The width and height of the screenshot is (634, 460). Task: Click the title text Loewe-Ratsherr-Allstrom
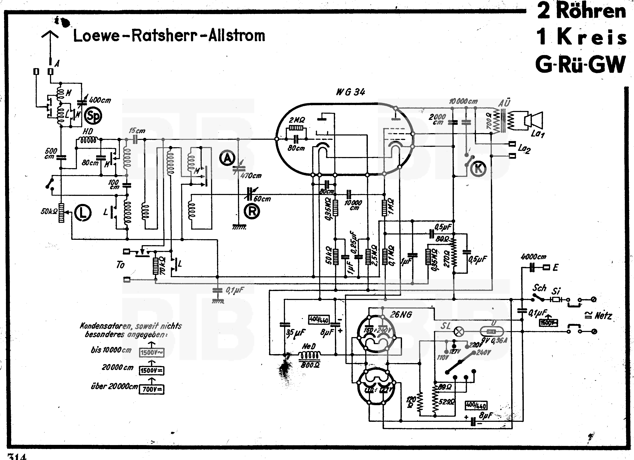point(169,36)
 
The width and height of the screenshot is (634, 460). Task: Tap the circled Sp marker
point(93,116)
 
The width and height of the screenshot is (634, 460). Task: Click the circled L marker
point(83,213)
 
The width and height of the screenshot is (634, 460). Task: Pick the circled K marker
point(478,169)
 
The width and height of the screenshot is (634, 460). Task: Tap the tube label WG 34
point(351,92)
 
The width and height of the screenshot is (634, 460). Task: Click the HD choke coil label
point(88,131)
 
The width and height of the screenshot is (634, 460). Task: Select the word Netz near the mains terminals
point(603,316)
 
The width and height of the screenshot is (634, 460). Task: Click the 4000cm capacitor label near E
point(533,256)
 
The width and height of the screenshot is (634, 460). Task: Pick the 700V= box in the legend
point(151,389)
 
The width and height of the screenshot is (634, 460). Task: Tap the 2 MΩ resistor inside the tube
point(296,128)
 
